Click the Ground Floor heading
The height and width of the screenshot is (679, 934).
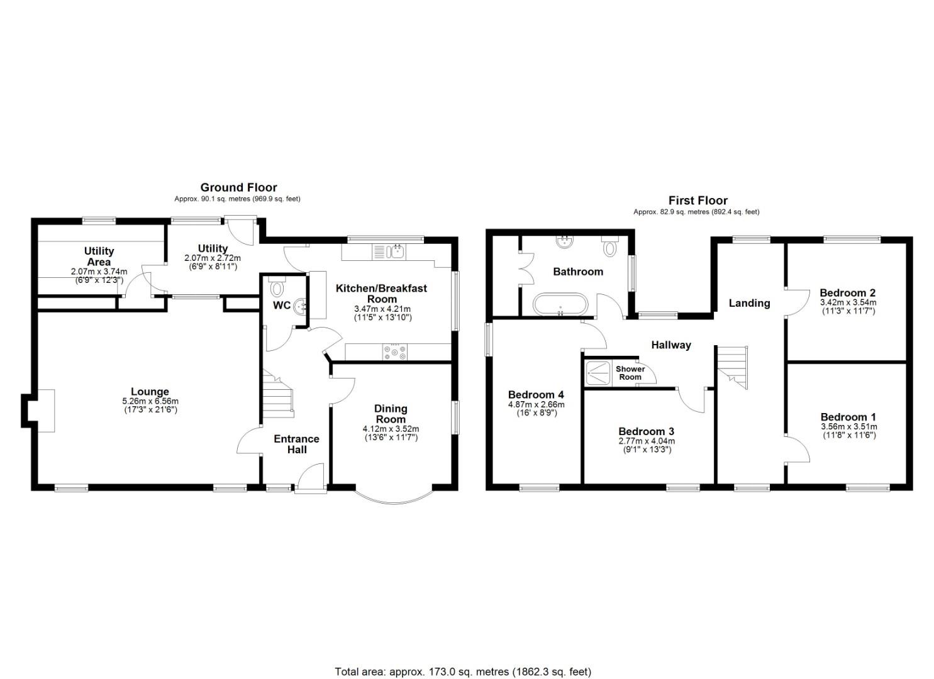(x=238, y=187)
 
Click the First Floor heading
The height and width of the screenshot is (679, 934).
(x=698, y=201)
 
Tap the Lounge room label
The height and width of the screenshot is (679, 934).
(x=150, y=392)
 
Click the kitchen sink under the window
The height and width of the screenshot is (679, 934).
(x=396, y=252)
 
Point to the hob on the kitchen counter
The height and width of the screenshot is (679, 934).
(x=394, y=352)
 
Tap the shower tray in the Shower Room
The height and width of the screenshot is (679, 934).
(x=598, y=373)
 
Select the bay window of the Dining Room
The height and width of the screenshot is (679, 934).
(x=393, y=497)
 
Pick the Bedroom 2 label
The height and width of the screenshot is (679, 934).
(x=847, y=292)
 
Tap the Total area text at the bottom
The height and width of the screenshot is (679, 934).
(x=463, y=671)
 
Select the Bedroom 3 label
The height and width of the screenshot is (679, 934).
(x=646, y=431)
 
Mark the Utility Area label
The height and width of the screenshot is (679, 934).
(x=99, y=257)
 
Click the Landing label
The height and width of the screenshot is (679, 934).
(x=749, y=303)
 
